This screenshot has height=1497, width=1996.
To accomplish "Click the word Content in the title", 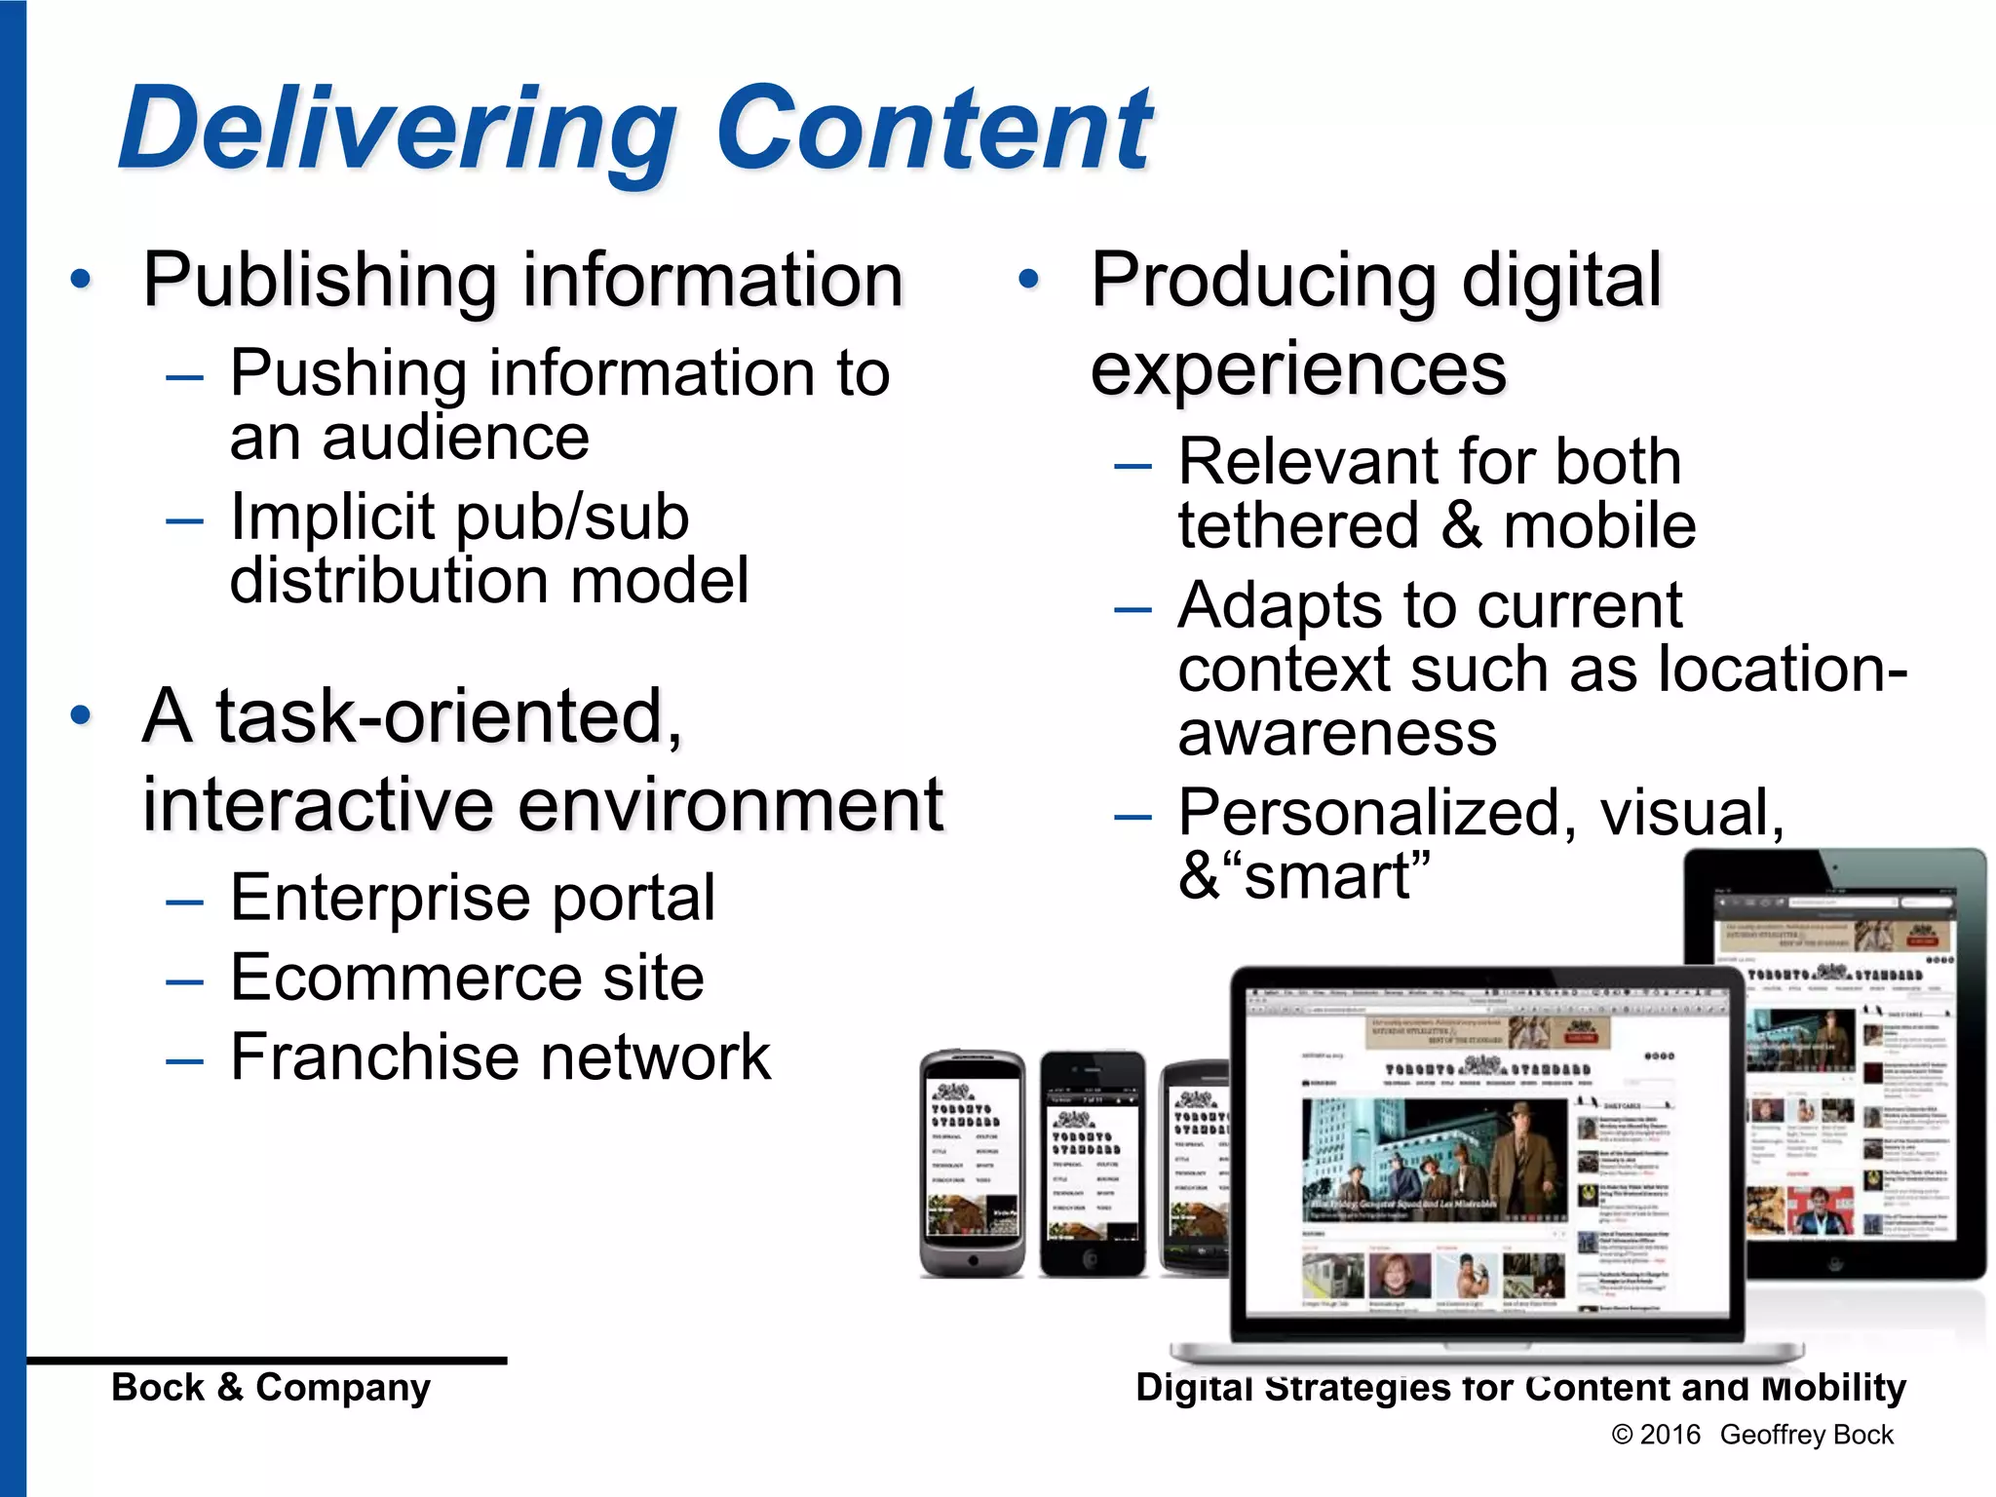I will [934, 128].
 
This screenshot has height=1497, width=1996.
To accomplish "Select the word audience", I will [455, 438].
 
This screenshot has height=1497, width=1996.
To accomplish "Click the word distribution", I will [388, 581].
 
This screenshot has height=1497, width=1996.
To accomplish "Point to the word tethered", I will [1298, 526].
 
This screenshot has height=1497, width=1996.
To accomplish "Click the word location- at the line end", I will [1783, 670].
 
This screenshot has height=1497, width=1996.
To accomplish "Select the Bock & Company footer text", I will [271, 1387].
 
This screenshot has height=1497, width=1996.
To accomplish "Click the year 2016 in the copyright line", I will [1670, 1435].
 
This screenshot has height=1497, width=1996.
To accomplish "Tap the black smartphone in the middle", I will [1093, 1164].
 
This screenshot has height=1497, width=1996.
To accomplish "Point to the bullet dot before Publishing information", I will [81, 281].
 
